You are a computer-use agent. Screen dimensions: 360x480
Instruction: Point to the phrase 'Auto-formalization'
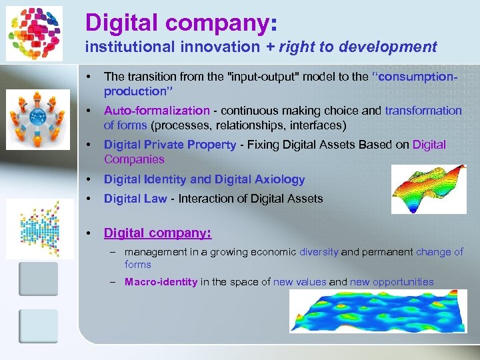point(157,111)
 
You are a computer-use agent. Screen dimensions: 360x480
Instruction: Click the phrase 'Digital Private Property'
point(170,145)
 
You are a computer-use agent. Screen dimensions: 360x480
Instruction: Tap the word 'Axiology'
point(275,179)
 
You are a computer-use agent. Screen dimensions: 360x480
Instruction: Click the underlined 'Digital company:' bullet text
point(157,233)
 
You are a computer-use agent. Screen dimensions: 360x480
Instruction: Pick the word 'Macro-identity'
point(161,282)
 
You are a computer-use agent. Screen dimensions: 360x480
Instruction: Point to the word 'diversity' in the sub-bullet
point(319,252)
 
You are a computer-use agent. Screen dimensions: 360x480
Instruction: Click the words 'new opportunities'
point(391,282)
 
